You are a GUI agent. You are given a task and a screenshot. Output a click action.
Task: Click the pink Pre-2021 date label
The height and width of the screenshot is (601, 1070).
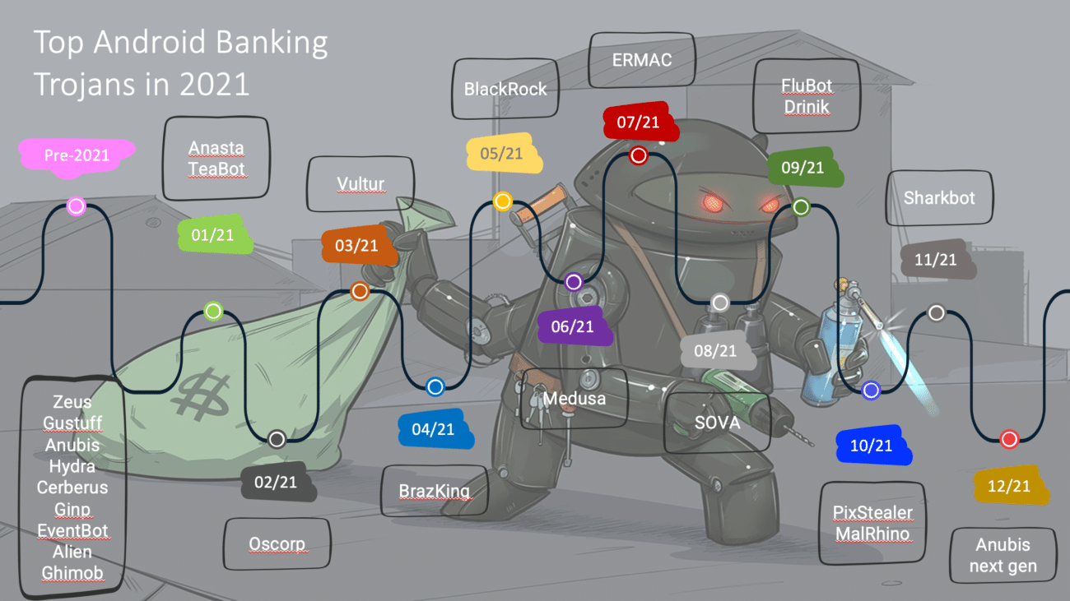coord(77,155)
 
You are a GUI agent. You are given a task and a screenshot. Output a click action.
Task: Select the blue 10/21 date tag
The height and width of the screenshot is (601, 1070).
coord(872,446)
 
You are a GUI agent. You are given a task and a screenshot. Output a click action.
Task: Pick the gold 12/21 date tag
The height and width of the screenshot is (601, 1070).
coord(1009,486)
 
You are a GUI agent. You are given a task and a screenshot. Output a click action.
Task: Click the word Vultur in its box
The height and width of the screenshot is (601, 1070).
coord(361,183)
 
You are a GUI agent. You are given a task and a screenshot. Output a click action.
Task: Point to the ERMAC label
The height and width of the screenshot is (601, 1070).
coord(642,59)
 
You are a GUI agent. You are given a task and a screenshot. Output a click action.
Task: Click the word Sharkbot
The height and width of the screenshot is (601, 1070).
coord(939,198)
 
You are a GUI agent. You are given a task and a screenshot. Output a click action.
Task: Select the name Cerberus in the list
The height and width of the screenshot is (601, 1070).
coord(72,488)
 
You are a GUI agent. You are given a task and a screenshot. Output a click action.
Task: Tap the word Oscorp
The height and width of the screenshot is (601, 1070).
coord(277,543)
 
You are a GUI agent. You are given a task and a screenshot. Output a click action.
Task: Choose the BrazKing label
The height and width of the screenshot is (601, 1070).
coord(434,492)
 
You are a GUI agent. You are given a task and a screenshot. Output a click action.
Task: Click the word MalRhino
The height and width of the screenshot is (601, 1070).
coord(872,534)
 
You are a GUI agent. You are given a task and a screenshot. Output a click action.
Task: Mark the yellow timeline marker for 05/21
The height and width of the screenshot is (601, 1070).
coord(502,201)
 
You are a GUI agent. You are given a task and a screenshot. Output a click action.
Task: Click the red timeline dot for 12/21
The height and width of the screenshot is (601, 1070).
coord(1009,439)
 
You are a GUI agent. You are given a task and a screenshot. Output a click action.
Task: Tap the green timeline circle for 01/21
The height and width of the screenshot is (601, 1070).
coord(213,311)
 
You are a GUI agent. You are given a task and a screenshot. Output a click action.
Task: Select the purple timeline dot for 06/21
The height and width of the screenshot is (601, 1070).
coord(574,282)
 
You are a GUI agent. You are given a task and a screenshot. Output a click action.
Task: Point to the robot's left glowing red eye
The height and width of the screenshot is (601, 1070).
coord(709,201)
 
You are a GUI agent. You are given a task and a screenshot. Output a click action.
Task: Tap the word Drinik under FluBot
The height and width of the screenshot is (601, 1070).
coord(807,107)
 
